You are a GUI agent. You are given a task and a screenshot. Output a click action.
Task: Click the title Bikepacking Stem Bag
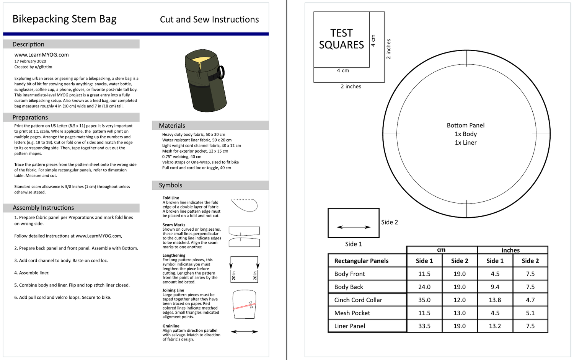[64, 19]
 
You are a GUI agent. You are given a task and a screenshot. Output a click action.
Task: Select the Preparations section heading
[30, 117]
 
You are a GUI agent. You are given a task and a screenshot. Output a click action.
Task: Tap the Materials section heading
[172, 125]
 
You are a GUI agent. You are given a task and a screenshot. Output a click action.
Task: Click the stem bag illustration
[204, 80]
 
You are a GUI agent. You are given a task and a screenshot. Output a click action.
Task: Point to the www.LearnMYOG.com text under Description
[42, 55]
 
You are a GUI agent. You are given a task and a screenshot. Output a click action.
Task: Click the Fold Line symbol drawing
[245, 205]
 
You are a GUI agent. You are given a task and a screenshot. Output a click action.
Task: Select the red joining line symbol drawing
[244, 305]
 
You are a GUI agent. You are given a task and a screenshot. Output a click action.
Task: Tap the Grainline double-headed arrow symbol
[244, 332]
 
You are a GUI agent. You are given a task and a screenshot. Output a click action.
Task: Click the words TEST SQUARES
[341, 39]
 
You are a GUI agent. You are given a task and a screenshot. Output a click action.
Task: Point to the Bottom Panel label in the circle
[465, 125]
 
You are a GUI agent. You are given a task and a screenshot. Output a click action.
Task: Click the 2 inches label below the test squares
[351, 86]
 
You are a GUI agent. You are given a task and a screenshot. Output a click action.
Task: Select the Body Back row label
[349, 287]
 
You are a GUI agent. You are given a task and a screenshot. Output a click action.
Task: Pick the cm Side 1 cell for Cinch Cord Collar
[424, 300]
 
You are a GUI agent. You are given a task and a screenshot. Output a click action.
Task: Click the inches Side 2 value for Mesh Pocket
[530, 313]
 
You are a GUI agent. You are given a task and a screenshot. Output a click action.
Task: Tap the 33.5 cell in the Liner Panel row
[424, 326]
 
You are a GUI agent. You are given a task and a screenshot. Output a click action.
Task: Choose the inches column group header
[510, 250]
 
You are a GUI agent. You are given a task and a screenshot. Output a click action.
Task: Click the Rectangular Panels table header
[361, 261]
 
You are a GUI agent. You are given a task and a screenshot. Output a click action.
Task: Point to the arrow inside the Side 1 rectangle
[354, 227]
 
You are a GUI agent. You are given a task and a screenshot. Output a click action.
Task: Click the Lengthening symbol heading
[174, 255]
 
